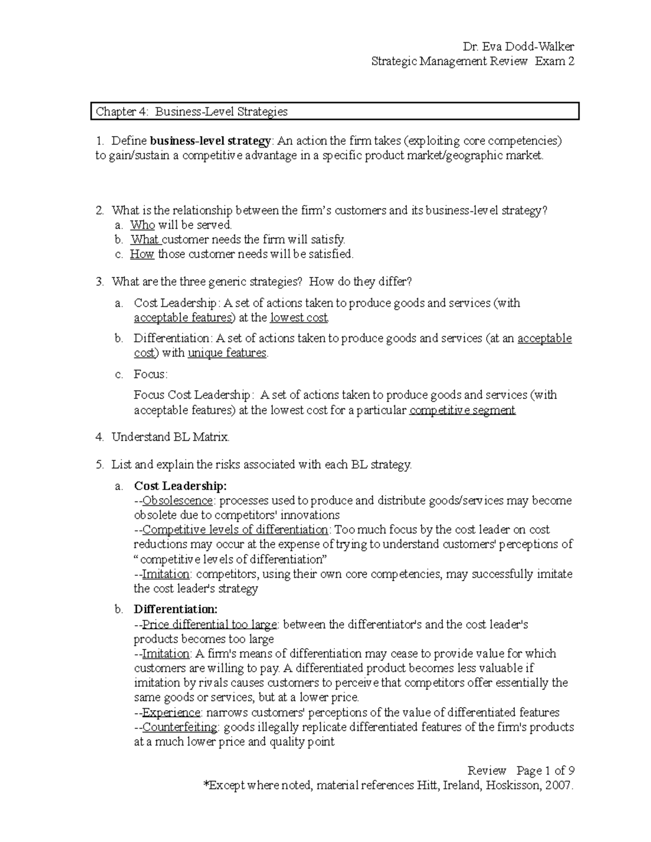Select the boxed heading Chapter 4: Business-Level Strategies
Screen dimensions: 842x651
192,112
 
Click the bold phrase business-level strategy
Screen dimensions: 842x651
210,141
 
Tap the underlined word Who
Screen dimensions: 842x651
142,225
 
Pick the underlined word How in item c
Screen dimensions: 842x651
142,254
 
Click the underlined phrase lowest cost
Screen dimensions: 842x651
299,318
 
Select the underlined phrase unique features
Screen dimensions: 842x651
227,353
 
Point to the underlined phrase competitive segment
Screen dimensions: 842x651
462,410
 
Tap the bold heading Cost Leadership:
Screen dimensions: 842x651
180,486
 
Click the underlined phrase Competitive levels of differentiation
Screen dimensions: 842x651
235,530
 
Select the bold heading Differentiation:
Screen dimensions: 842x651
175,609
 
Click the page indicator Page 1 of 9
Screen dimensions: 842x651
545,770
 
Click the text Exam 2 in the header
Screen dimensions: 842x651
554,61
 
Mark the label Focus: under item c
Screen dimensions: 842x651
151,374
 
